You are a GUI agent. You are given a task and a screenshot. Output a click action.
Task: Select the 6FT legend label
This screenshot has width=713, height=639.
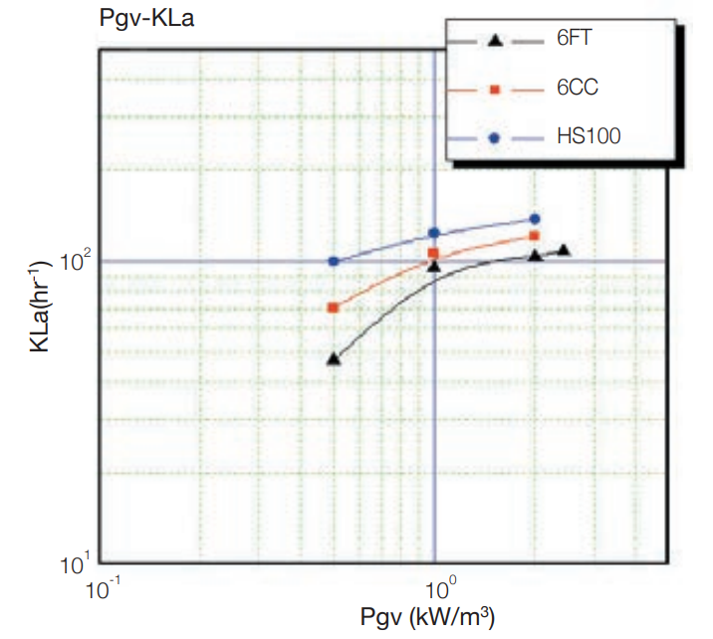click(577, 41)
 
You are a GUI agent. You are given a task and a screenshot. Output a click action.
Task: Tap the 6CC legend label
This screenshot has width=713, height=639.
click(578, 89)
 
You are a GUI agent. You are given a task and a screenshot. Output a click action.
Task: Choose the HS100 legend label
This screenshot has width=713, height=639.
click(588, 136)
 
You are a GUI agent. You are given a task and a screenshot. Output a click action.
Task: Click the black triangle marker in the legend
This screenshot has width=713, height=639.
click(494, 41)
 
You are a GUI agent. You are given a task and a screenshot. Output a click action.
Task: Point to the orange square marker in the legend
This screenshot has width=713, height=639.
click(494, 90)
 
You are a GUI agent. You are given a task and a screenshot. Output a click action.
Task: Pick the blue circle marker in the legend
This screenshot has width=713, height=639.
click(494, 137)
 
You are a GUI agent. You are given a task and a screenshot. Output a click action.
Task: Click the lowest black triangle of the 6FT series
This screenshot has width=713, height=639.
click(334, 359)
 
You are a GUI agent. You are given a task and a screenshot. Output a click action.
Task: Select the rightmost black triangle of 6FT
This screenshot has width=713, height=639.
click(564, 250)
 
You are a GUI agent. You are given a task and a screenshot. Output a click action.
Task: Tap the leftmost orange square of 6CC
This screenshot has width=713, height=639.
click(334, 308)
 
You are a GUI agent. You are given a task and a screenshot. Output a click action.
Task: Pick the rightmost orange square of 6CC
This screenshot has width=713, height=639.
click(535, 236)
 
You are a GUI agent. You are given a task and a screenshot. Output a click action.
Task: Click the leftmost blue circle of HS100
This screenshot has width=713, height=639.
click(334, 262)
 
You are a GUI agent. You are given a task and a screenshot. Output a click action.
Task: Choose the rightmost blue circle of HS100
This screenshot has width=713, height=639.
click(535, 219)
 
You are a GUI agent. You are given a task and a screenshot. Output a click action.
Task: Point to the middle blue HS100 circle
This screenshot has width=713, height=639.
click(434, 233)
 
